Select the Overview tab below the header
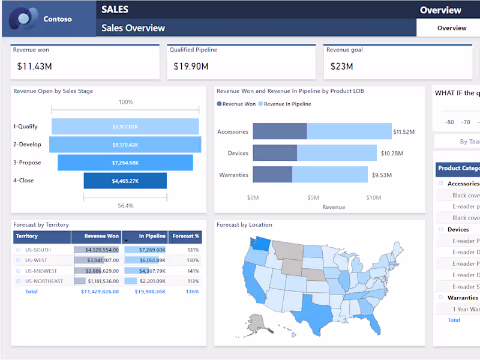(451, 28)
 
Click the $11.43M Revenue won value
(34, 67)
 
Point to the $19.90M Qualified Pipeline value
(191, 67)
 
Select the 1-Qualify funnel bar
(125, 127)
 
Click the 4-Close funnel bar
(125, 181)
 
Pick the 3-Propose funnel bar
(125, 163)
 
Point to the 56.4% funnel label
(125, 206)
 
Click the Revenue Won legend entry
(236, 104)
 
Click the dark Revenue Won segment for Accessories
(280, 131)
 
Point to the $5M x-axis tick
(313, 197)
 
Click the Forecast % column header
(185, 236)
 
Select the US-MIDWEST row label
(40, 271)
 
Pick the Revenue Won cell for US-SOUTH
(96, 250)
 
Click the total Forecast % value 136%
(193, 292)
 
